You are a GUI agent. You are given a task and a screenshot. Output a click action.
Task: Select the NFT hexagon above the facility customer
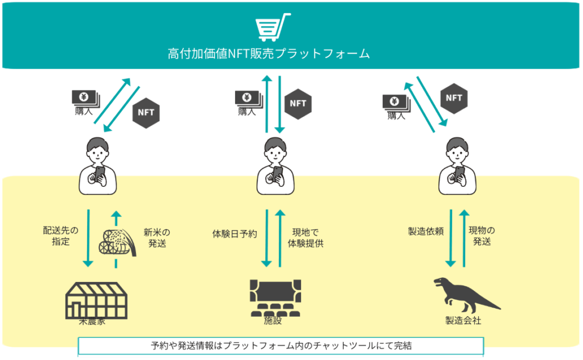coord(298,103)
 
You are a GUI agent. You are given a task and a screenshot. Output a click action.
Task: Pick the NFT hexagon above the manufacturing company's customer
coord(454,98)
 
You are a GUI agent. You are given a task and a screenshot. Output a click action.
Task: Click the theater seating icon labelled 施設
coord(273,297)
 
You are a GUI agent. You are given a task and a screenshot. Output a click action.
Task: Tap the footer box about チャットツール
coord(281,346)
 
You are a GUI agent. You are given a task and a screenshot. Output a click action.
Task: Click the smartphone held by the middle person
coord(278,173)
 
